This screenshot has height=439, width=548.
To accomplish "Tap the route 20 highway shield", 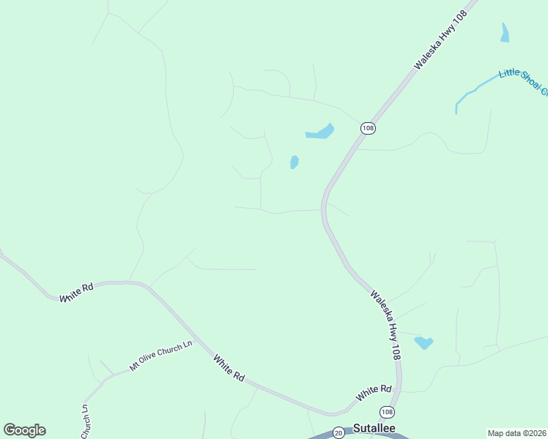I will tap(338, 432).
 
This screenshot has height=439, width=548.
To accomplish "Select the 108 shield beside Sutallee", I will tap(387, 413).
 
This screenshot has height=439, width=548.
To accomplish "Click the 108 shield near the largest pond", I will tap(368, 128).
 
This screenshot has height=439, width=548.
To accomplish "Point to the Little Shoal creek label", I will tap(523, 81).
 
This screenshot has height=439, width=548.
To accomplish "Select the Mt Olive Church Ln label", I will tap(160, 355).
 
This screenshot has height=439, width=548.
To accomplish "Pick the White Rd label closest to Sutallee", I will tap(374, 393).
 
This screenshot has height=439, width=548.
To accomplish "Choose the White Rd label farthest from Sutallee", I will tap(78, 293).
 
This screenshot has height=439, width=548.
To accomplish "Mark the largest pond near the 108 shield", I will tap(320, 132).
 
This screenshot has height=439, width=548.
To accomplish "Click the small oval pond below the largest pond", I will tap(295, 162).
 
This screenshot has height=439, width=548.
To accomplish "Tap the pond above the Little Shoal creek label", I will tap(504, 32).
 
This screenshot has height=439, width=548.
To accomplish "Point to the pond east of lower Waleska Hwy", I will tap(423, 342).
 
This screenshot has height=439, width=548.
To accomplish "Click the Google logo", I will tap(24, 430).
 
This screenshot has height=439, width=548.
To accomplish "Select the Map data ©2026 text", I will tap(516, 432).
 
